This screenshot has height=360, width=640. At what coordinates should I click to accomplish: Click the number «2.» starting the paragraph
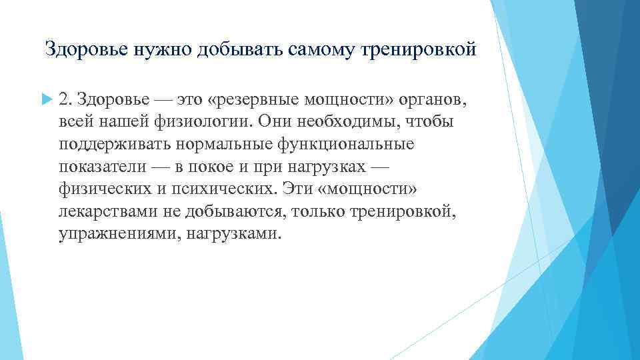tap(65, 100)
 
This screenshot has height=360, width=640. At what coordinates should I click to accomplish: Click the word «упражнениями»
tap(114, 234)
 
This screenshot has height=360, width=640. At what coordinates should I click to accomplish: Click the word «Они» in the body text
tap(264, 123)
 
